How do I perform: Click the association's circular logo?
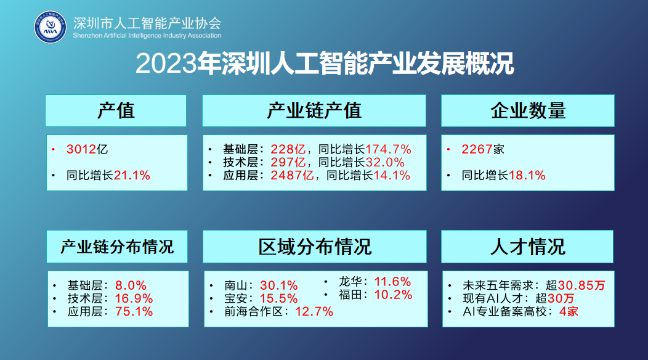point(50,27)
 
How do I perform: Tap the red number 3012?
point(81,149)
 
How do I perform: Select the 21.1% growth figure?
point(132,176)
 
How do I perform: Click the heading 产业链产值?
point(314,110)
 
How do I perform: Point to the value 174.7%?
point(388,149)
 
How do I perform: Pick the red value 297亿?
point(288,162)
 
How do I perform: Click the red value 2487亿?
point(292,176)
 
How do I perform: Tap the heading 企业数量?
point(528,110)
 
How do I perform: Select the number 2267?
point(477,149)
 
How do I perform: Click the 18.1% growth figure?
point(527,176)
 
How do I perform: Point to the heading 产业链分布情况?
point(117,247)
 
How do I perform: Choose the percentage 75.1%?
point(134,311)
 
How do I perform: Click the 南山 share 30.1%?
point(279,285)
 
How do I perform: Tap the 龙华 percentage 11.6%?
point(392,282)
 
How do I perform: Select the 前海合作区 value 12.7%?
point(314,311)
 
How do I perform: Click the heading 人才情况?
point(528,247)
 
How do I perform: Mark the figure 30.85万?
point(581,285)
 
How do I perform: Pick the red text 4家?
point(569,311)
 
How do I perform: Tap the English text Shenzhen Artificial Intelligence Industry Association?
point(147,36)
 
